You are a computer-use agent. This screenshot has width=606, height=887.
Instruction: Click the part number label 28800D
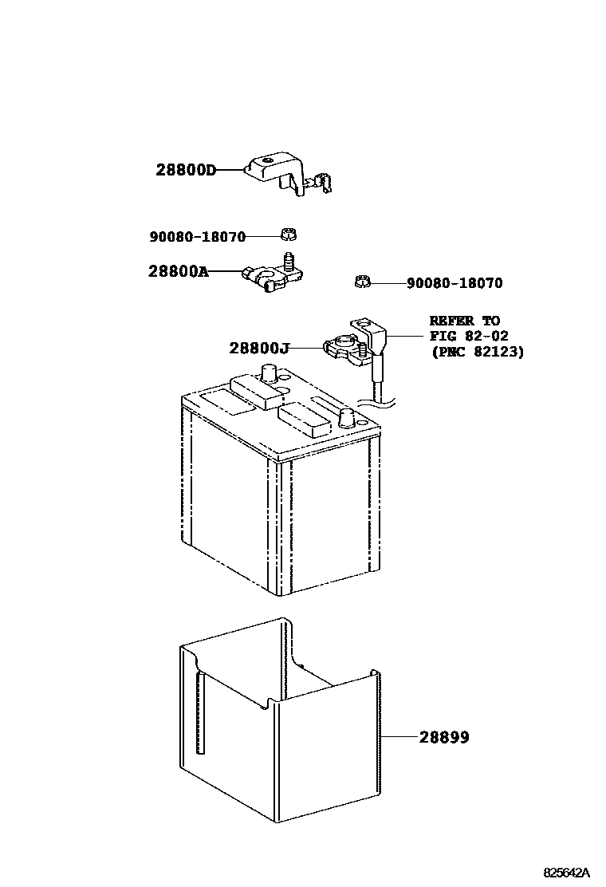pos(186,170)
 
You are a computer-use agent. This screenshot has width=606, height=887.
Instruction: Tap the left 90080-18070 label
pos(197,237)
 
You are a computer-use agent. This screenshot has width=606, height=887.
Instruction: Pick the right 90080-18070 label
pos(454,283)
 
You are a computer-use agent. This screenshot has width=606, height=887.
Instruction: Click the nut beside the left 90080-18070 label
pos(288,235)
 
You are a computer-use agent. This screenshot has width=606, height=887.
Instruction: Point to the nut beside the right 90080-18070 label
pos(360,281)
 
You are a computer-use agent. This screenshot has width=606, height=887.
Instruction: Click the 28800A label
pos(178,271)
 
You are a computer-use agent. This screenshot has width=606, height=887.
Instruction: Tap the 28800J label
pos(258,348)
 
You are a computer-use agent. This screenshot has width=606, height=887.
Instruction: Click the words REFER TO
pos(464,321)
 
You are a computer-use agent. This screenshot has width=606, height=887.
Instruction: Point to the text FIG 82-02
pos(468,336)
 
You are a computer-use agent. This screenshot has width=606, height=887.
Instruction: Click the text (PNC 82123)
pos(477,351)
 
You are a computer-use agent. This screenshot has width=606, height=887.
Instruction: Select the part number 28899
pos(444,738)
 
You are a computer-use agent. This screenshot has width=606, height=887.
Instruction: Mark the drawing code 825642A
pos(567,872)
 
